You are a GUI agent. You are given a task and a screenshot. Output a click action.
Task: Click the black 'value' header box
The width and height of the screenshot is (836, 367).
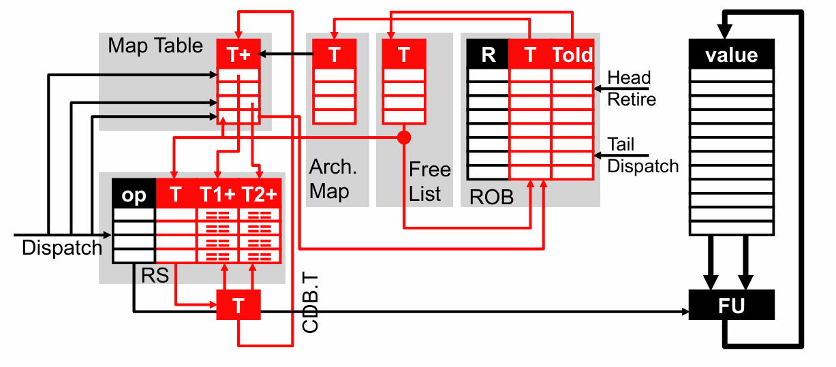click(x=732, y=54)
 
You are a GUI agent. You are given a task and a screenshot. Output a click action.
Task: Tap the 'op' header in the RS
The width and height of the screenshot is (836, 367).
click(x=134, y=195)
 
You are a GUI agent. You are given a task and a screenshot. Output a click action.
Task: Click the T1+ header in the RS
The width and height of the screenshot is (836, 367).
click(x=217, y=195)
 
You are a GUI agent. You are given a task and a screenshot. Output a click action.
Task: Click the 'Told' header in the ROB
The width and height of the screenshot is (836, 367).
click(x=572, y=54)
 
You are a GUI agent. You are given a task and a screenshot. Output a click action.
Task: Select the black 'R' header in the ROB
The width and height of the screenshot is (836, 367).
click(x=488, y=54)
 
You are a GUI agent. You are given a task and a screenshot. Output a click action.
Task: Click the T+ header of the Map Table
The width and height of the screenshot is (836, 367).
click(x=238, y=54)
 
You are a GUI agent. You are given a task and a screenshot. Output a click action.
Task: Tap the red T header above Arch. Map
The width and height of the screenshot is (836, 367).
click(x=334, y=54)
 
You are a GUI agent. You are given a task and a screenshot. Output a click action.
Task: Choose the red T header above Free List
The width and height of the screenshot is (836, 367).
click(x=404, y=54)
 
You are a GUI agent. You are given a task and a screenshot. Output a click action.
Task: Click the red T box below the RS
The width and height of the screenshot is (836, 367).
click(x=238, y=306)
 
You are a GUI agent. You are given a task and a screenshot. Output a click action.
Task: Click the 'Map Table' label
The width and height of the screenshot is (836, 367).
click(x=155, y=46)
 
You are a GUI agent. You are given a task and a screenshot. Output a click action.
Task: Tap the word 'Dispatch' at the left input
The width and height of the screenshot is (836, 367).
click(x=61, y=248)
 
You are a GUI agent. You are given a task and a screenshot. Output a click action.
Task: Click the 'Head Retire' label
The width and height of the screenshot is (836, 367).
click(x=632, y=89)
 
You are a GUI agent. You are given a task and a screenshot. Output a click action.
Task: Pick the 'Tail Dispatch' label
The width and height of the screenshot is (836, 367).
click(x=643, y=155)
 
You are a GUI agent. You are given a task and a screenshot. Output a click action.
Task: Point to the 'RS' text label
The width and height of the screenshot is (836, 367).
click(x=155, y=275)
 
